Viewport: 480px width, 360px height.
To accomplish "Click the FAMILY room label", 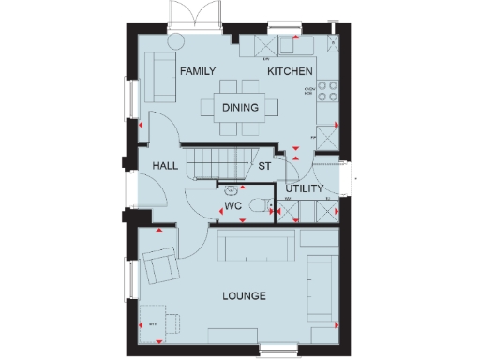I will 198,71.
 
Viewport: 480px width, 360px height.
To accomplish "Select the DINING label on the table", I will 241,107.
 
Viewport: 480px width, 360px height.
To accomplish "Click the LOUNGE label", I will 244,296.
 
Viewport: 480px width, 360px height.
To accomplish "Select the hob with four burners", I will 328,90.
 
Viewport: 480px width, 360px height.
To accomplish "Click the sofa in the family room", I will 158,78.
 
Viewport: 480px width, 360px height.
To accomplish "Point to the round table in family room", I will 175,41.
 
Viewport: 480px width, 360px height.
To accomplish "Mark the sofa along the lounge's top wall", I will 259,247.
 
